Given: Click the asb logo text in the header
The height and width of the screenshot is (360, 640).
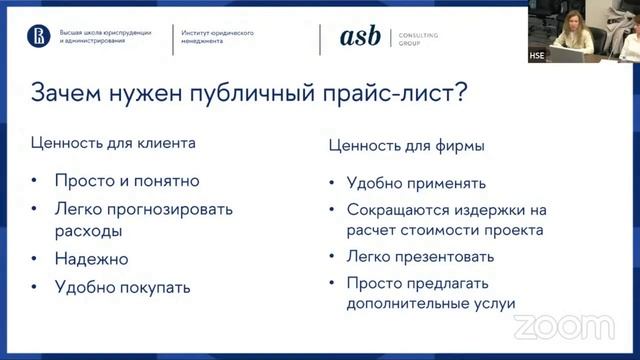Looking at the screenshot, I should coord(360,37).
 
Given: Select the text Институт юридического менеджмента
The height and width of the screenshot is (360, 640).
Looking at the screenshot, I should coord(217,38).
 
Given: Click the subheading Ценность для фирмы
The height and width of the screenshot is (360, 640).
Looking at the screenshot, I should coord(407,146).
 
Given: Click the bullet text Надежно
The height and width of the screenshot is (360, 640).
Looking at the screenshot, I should coord(93,258).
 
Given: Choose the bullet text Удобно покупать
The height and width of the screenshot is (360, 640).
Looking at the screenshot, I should coord(123,287).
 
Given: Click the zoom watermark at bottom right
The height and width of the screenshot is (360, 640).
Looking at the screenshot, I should coord(562,325).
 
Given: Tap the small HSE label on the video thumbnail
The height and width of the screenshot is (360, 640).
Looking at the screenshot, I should coord(536,56).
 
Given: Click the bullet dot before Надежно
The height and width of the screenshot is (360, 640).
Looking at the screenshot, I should coord(35,258).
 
